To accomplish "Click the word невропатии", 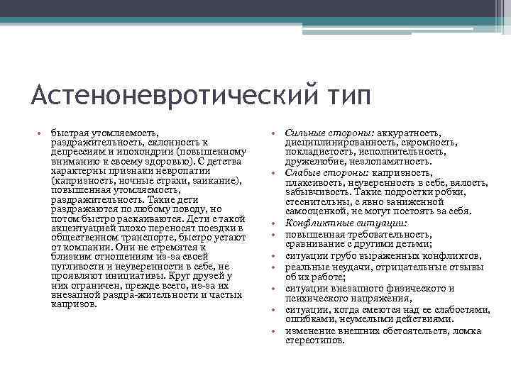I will click(x=186, y=171).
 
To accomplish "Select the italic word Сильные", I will click(x=304, y=133).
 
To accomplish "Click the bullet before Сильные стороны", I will click(x=274, y=133).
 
